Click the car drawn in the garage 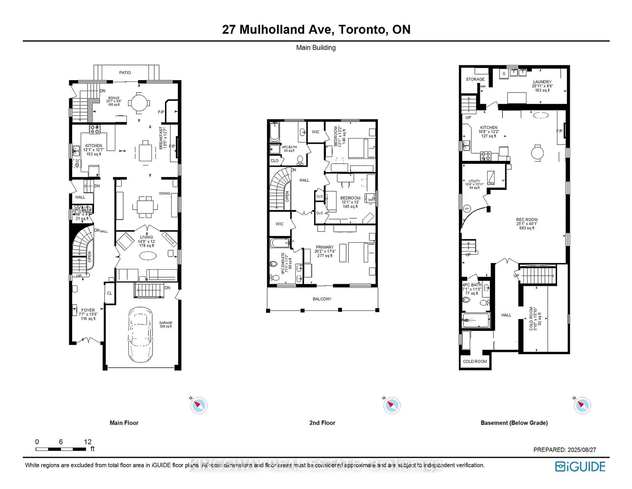click(x=140, y=335)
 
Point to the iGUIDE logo click(x=580, y=466)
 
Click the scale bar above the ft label click(x=61, y=449)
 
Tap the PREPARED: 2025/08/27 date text click(x=565, y=450)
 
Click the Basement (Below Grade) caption click(x=514, y=423)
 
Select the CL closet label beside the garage click(x=109, y=293)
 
